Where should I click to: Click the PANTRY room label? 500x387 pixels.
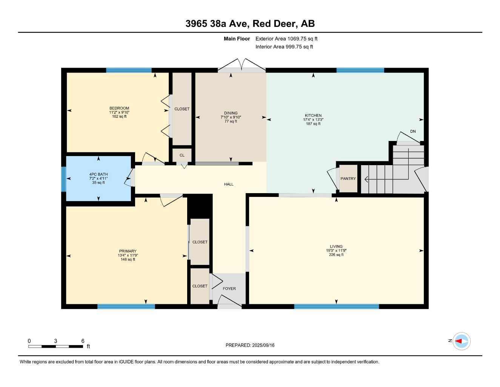point(348,179)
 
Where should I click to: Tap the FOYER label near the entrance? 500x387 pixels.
point(229,289)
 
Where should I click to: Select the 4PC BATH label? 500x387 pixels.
point(98,175)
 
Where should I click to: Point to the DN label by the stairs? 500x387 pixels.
point(413,132)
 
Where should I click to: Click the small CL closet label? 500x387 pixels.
point(182,155)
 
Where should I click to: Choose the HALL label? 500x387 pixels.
point(229,184)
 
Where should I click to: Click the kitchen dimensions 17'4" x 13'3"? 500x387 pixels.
point(313,120)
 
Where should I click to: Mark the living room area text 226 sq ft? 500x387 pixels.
point(336,255)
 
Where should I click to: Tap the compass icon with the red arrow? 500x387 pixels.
point(461,341)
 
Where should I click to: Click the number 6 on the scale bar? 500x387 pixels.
point(83,341)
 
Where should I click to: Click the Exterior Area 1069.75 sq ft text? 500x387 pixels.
point(286,39)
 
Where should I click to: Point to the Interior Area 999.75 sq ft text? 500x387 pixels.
point(284,47)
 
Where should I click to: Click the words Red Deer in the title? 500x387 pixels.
point(275,23)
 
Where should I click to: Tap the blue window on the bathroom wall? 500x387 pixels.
point(64,179)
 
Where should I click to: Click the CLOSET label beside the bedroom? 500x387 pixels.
point(182,109)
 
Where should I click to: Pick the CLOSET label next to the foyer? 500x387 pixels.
point(200,286)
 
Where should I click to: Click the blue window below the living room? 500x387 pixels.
point(336,307)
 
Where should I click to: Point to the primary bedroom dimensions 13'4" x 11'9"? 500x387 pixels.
point(128,255)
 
